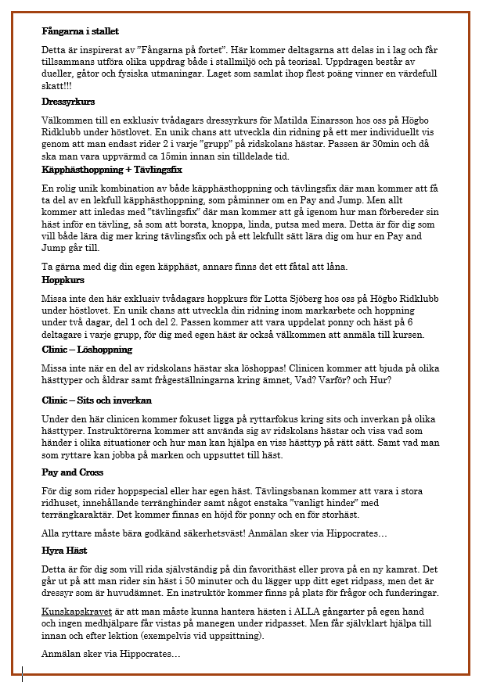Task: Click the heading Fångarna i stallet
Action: (80, 32)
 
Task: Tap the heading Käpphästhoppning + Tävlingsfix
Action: (112, 170)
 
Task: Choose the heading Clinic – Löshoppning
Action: (87, 350)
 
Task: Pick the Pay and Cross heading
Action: (72, 472)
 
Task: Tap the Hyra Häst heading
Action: (64, 551)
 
